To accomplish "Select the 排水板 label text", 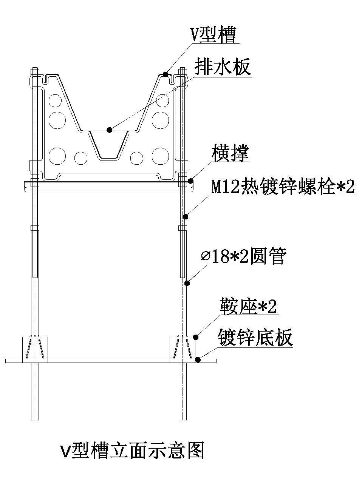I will click(222, 68).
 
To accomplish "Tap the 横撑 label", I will click(230, 154).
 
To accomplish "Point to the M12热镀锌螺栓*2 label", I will click(283, 187).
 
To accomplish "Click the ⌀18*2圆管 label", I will click(244, 257).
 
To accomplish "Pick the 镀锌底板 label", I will click(255, 337).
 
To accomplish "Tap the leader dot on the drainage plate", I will click(109, 130).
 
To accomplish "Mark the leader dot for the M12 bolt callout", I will click(186, 216).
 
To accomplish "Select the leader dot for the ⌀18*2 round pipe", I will click(187, 282).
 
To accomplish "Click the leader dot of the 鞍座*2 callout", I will click(195, 336).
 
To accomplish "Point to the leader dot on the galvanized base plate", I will click(198, 360).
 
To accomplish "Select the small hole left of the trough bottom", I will click(81, 157).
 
